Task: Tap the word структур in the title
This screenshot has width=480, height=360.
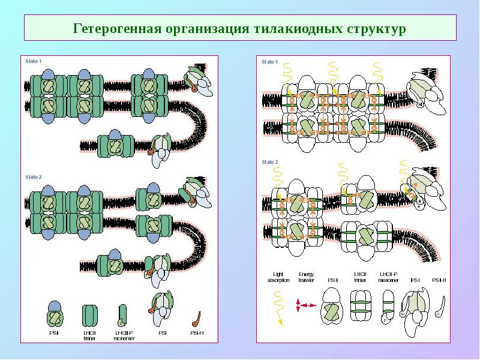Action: pos(376,29)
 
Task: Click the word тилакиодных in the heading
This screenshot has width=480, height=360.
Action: pos(295,29)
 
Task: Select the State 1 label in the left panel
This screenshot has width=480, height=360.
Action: pos(34,62)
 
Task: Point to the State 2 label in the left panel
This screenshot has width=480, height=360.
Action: pos(34,177)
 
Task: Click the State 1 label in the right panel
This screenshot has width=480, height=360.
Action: pos(269,62)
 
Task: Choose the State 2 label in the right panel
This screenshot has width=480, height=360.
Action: pos(269,162)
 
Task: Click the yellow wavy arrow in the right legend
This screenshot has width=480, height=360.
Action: pos(278,307)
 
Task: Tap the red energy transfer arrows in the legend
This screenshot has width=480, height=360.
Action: pos(306,305)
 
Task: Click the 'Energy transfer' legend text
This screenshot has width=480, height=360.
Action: pos(306,277)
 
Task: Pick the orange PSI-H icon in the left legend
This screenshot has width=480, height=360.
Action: pos(196,316)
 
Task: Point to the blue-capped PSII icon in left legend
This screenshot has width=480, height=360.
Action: pos(55,311)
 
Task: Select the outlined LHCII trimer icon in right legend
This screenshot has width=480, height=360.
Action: pos(359,307)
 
